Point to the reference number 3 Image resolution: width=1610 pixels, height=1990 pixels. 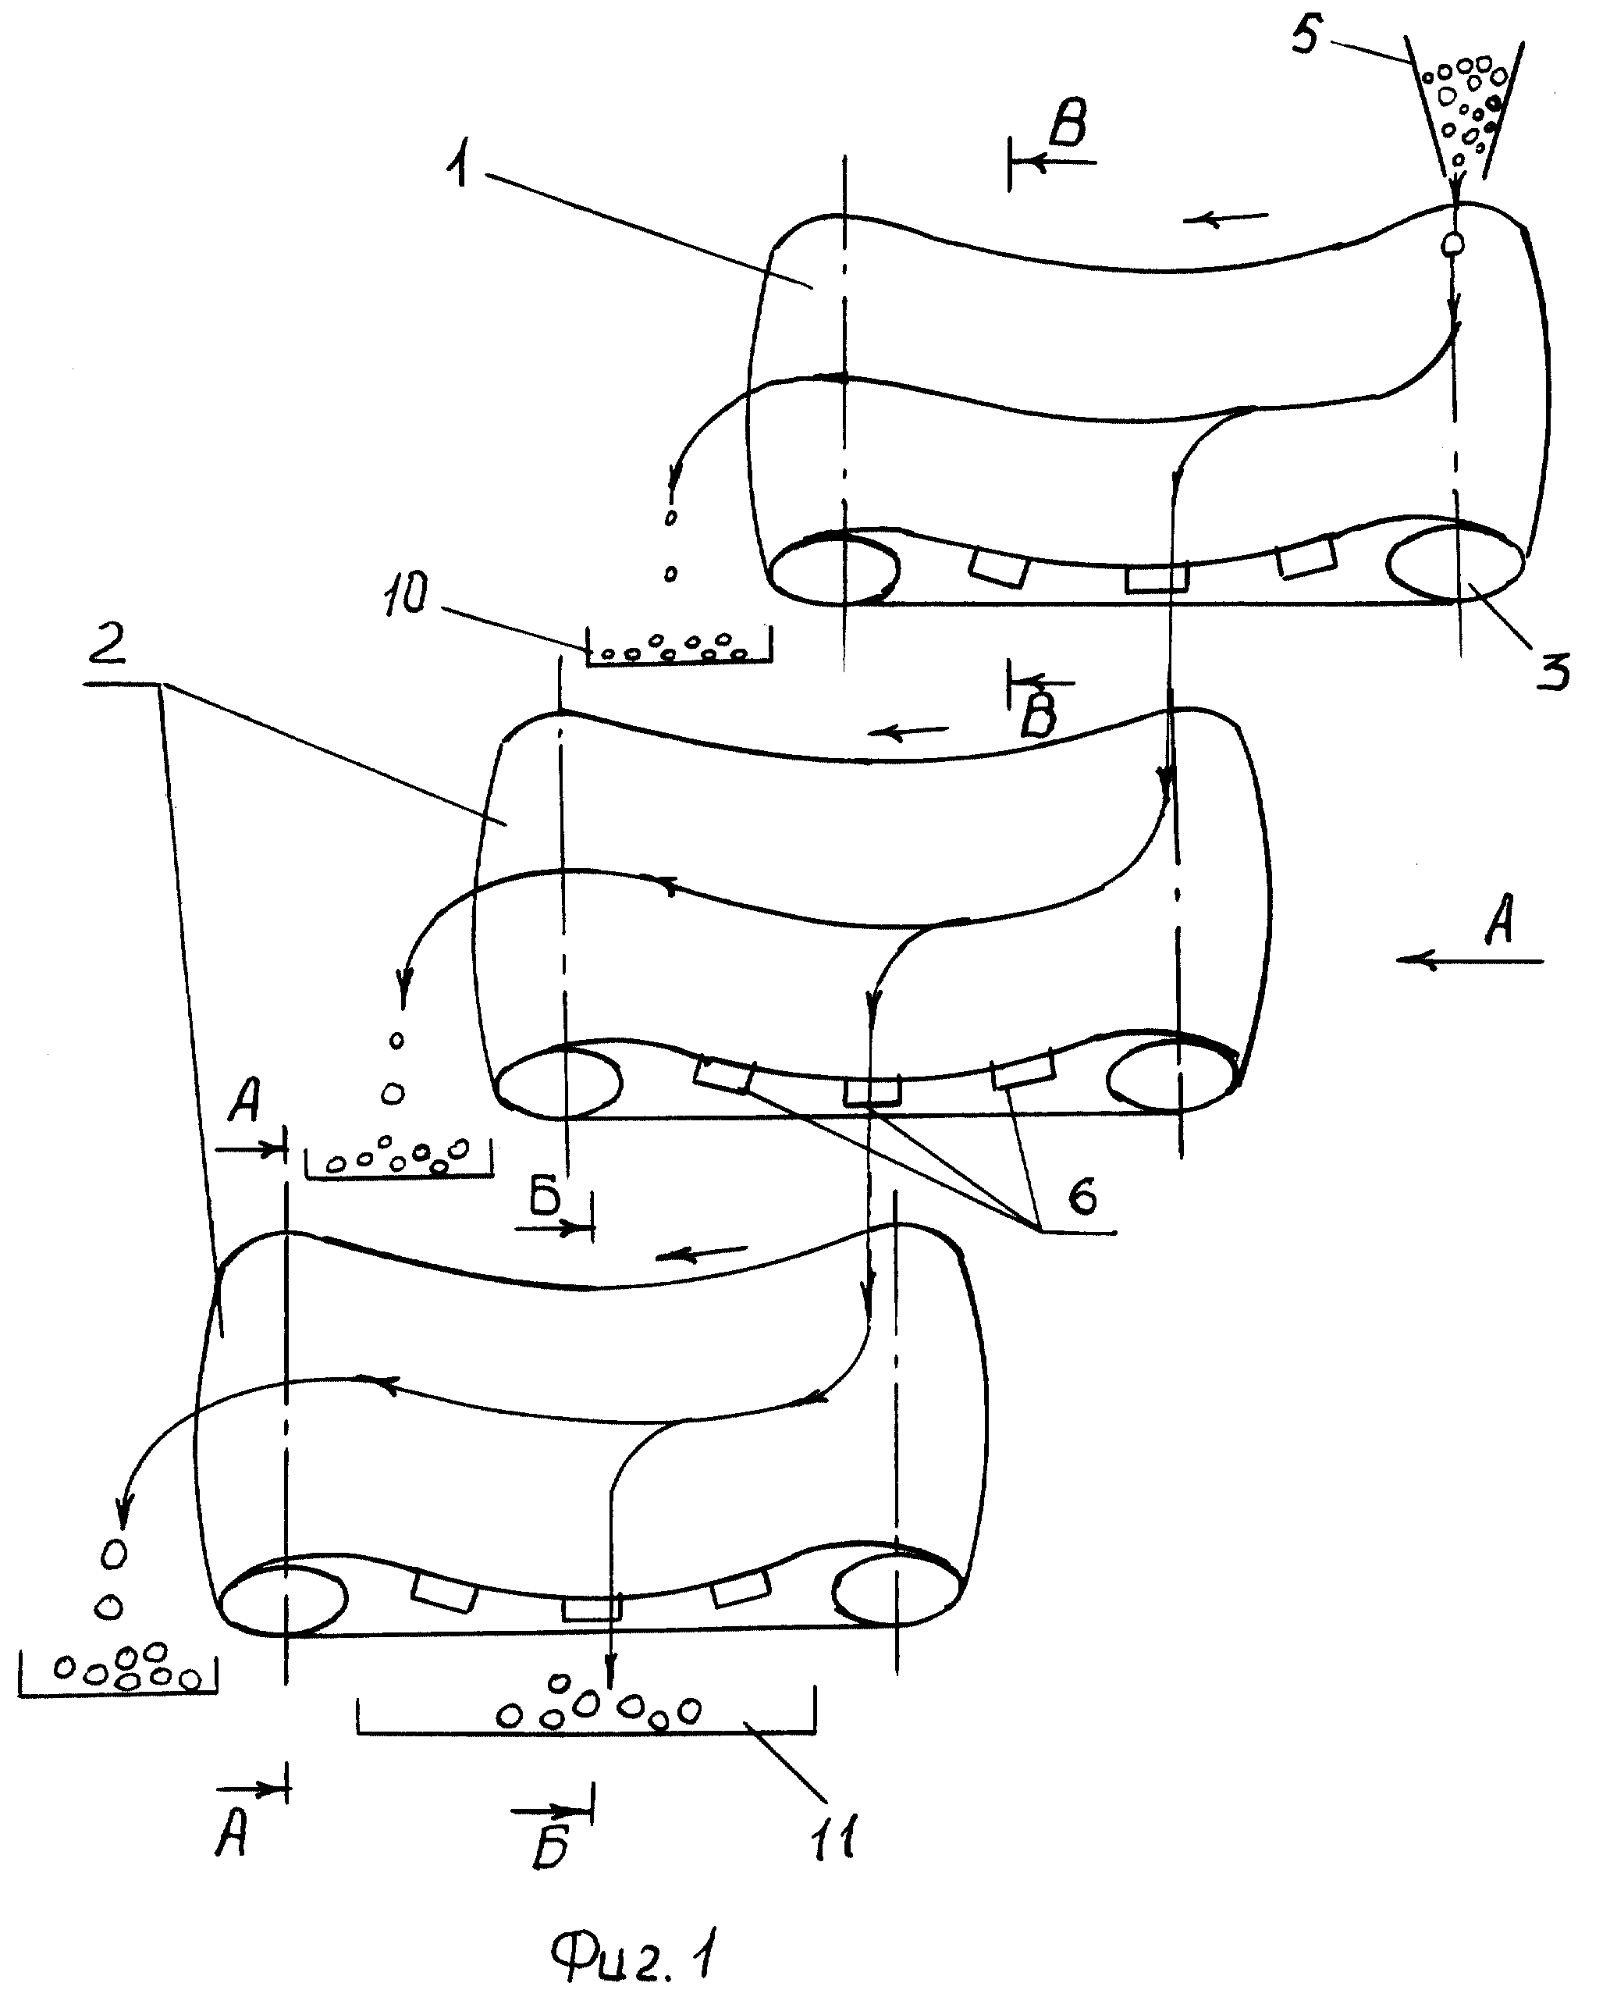(1552, 670)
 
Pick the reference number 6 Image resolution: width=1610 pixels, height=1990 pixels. (1082, 1196)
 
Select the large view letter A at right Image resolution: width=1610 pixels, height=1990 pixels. (1500, 920)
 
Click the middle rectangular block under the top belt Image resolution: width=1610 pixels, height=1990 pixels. (1157, 578)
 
